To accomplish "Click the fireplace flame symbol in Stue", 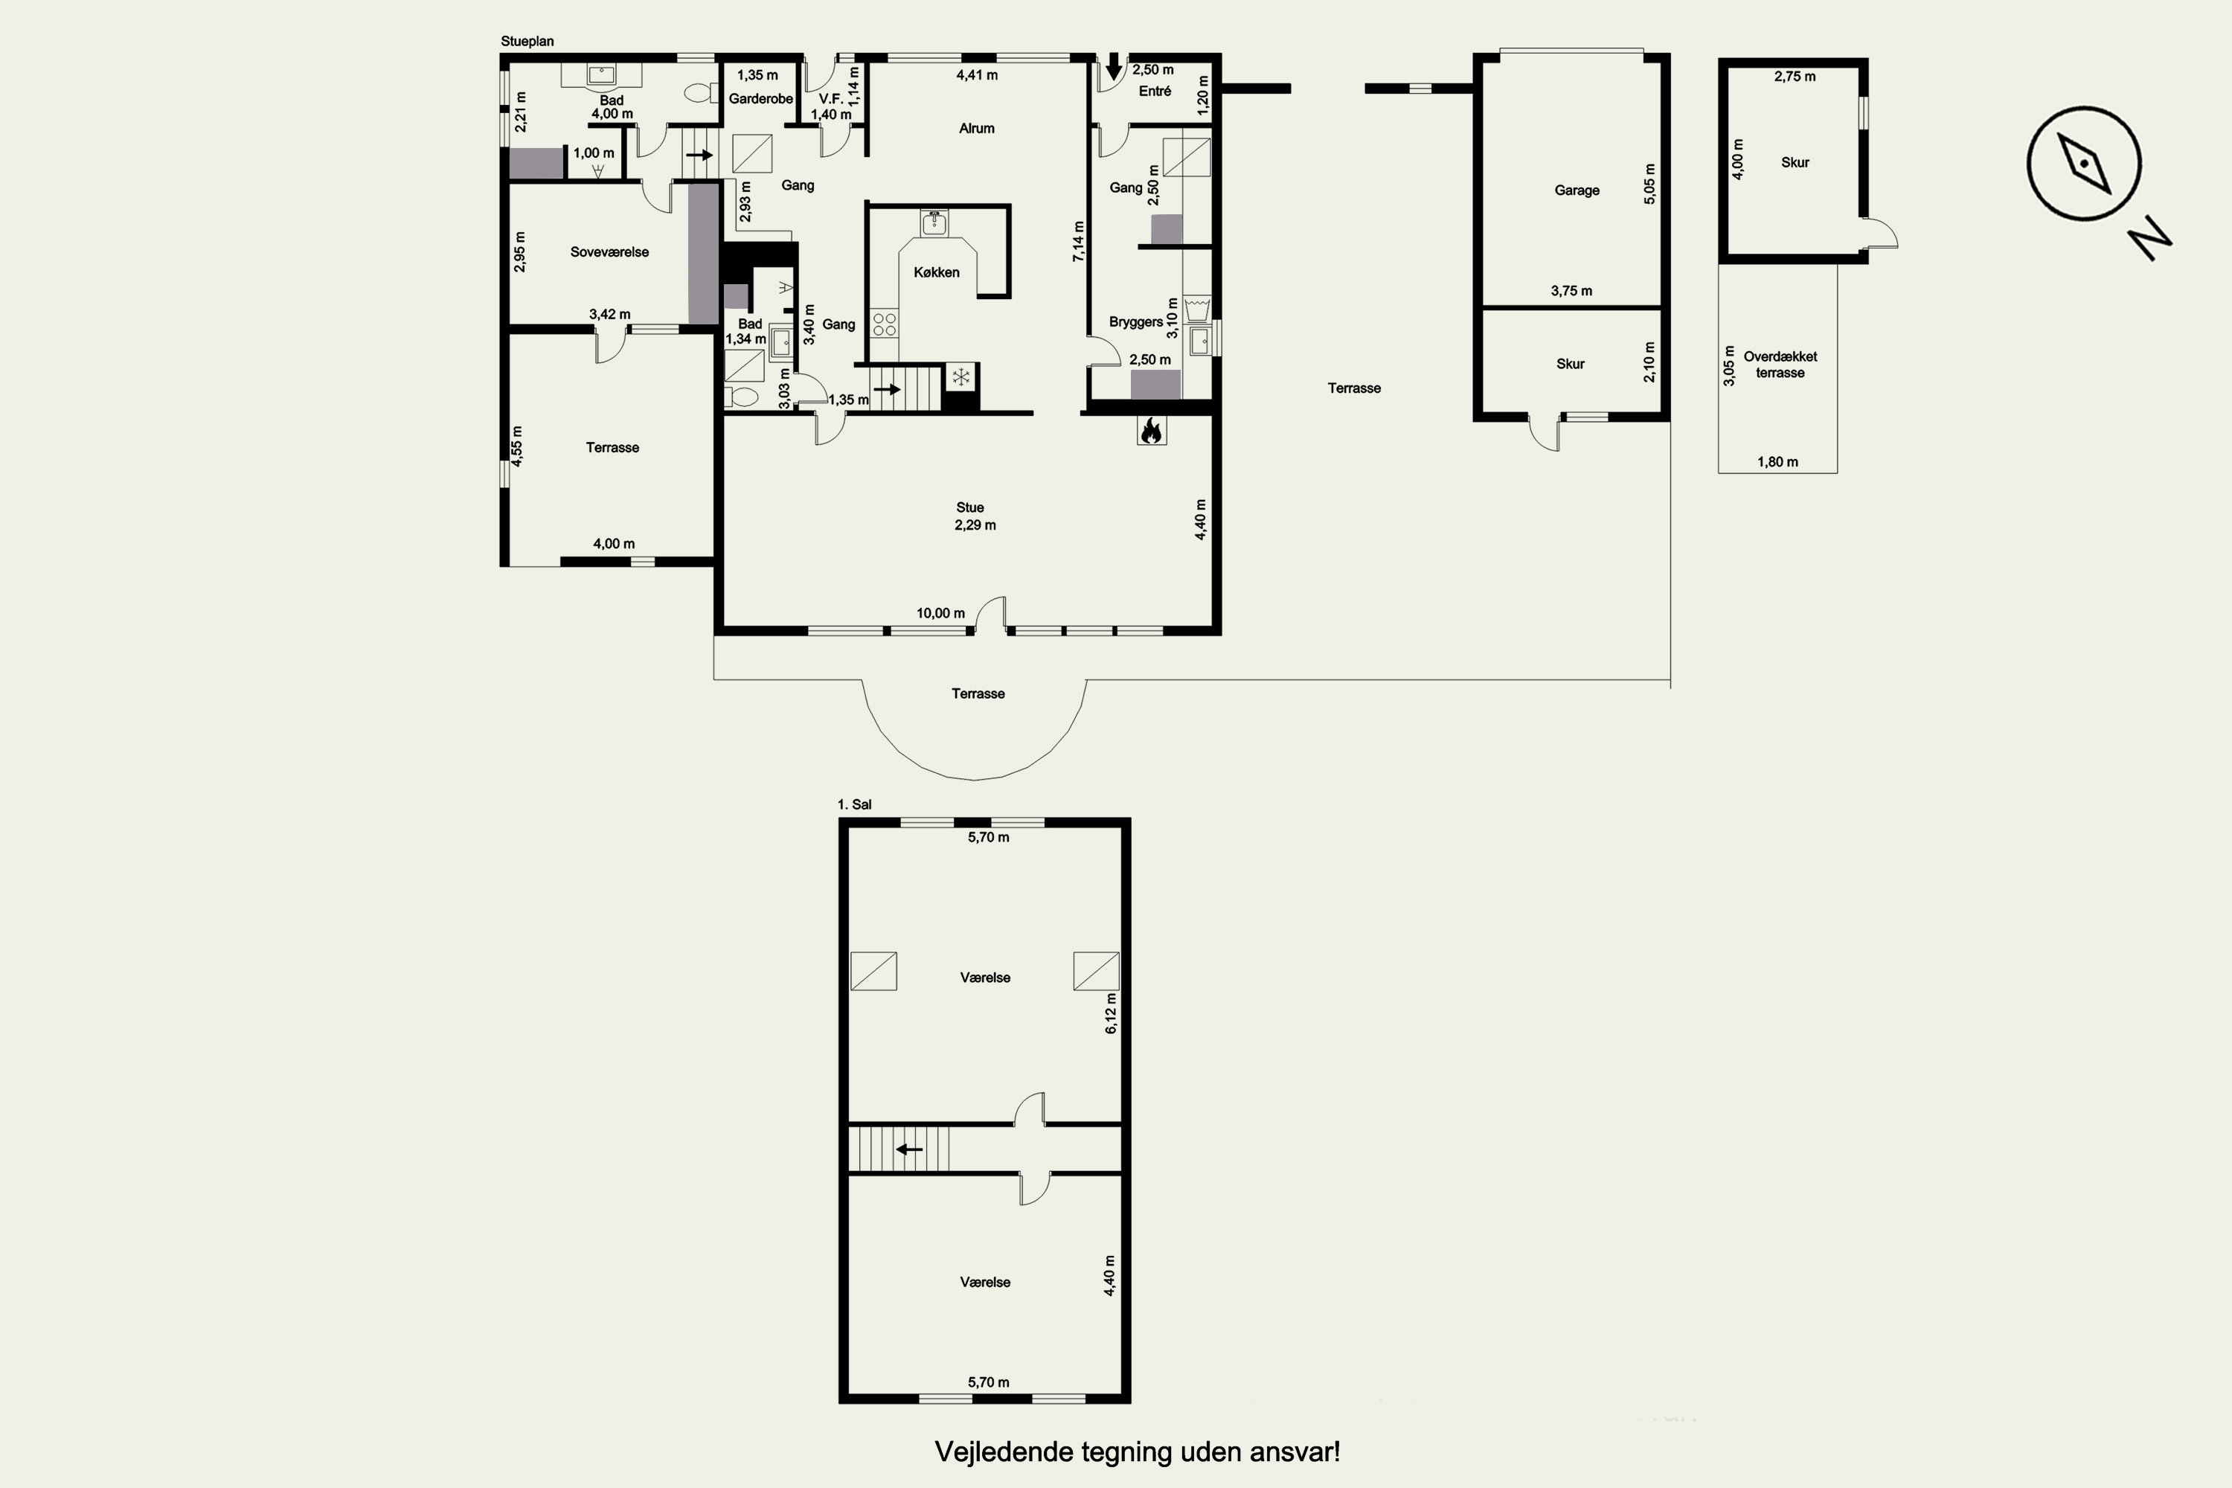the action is (x=1151, y=431).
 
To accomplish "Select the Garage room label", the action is (x=1577, y=190).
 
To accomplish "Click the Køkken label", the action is (x=937, y=272).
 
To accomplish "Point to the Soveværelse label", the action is (x=609, y=252).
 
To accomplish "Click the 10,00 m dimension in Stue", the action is (x=940, y=613).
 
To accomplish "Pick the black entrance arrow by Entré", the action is (x=1114, y=66).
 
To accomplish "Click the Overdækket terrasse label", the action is (x=1780, y=365).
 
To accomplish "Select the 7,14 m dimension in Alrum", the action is (x=1079, y=241).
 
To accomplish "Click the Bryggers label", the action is (x=1136, y=321).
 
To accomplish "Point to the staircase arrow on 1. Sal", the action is (x=909, y=1149).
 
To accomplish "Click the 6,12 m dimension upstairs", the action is (x=1112, y=1013).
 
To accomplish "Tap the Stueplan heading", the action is (x=527, y=42).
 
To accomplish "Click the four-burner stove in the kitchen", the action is (x=885, y=324).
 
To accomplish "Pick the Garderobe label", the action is (x=761, y=99).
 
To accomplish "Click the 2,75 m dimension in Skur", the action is (x=1795, y=77).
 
